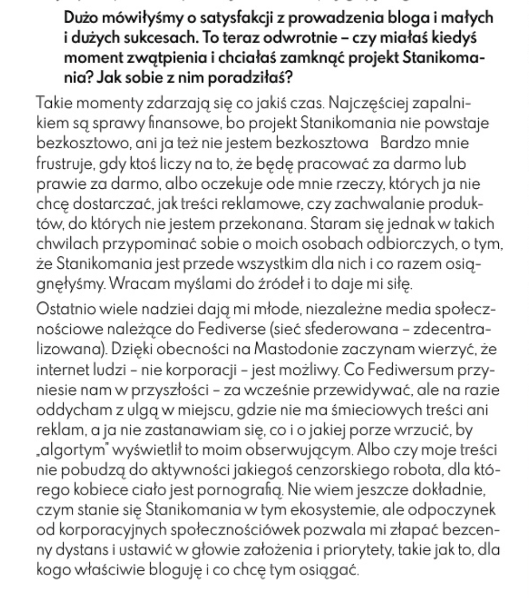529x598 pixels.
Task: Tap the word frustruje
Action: (68, 164)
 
